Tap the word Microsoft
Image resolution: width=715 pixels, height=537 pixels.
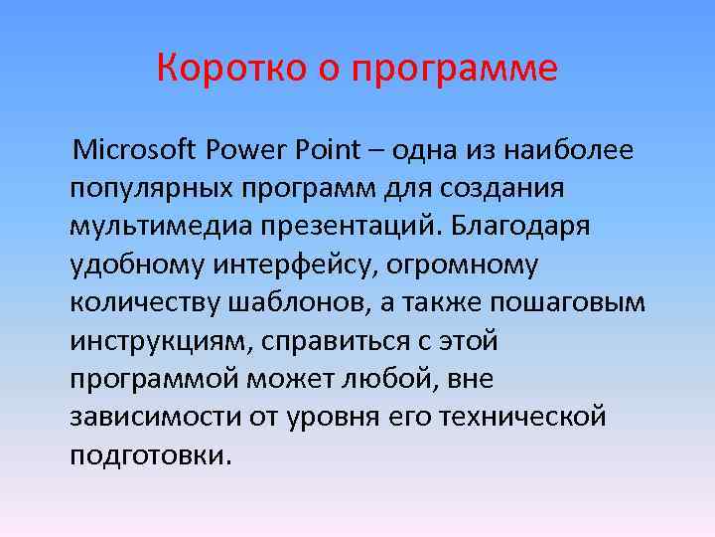(x=137, y=150)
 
